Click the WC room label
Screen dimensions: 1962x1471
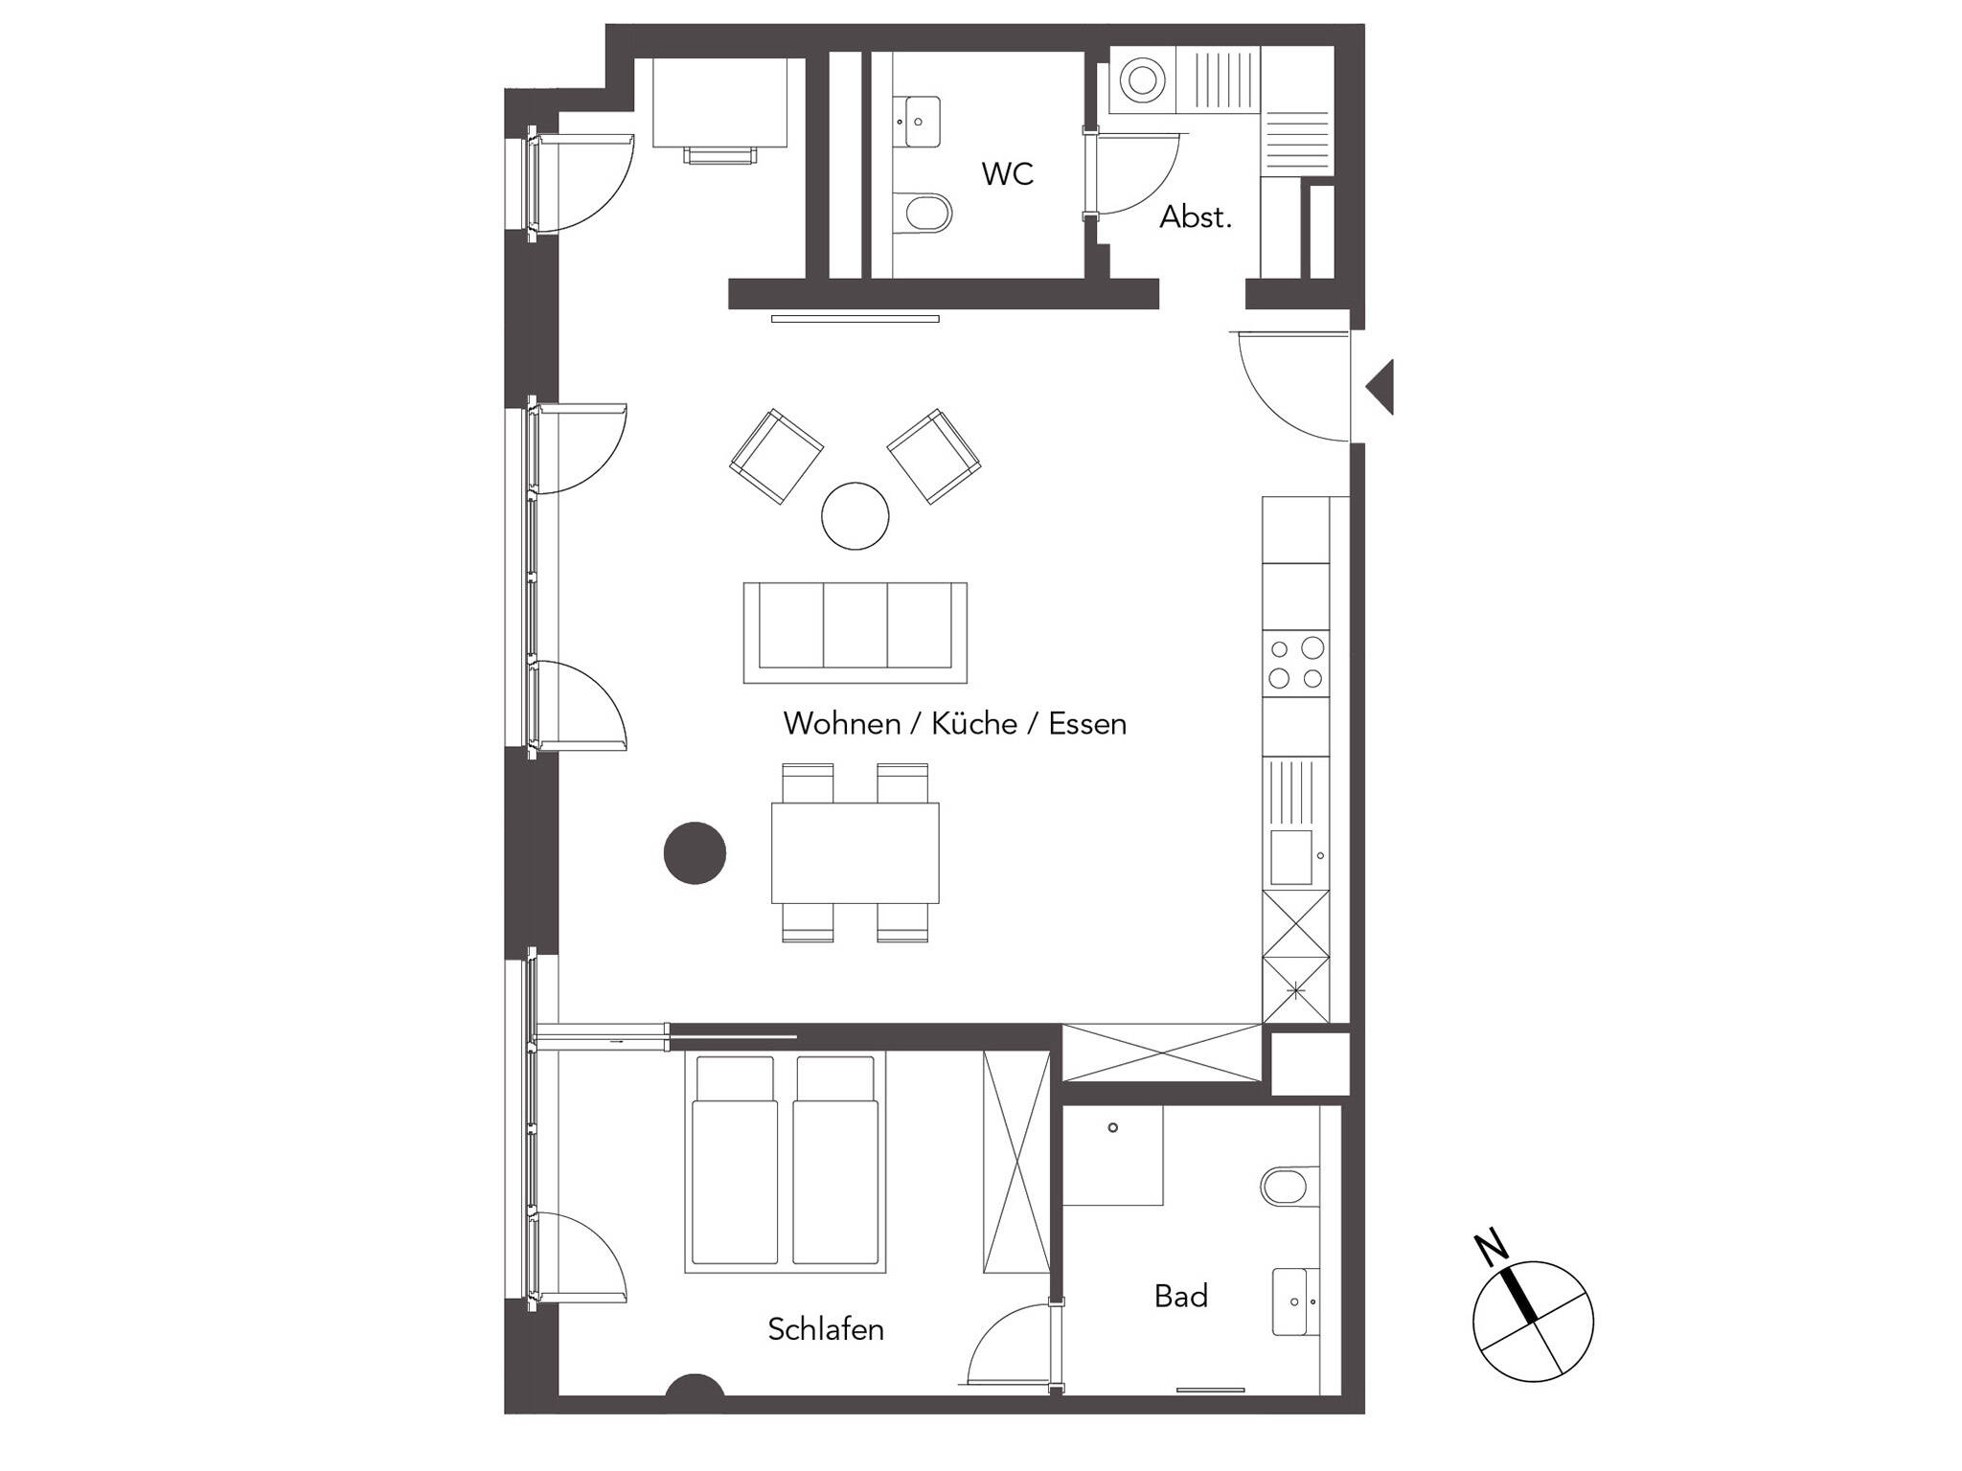1007,174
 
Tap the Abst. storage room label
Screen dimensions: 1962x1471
1196,217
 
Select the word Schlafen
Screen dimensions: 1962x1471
826,1329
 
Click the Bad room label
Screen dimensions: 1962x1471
1181,1296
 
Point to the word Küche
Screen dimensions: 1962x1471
974,723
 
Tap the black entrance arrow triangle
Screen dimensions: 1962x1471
1380,388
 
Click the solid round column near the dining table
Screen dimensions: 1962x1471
695,852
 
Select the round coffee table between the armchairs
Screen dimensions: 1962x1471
855,515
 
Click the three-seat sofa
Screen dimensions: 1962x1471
855,632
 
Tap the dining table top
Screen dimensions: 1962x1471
855,852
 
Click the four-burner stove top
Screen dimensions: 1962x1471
1295,664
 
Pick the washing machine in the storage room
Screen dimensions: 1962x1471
1143,81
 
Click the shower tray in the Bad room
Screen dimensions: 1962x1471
1113,1155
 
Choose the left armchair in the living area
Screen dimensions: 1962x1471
776,456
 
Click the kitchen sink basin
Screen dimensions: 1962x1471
1290,857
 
